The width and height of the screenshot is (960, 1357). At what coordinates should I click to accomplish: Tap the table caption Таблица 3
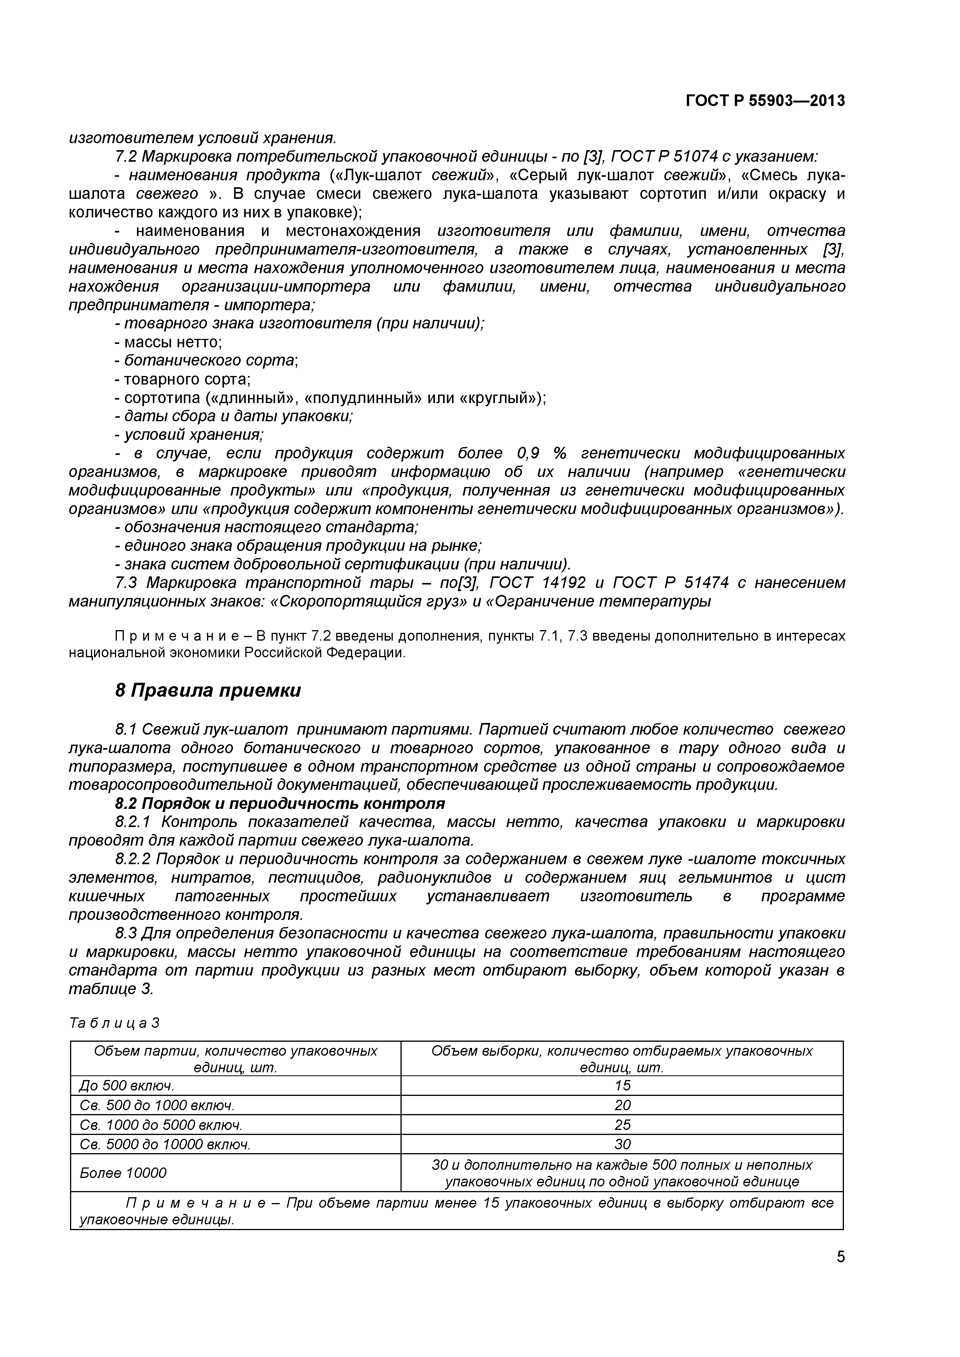pos(114,1023)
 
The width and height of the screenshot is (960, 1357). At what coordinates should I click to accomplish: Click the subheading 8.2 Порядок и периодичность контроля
pos(280,804)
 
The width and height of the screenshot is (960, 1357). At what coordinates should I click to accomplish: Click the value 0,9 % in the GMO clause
pos(541,453)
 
